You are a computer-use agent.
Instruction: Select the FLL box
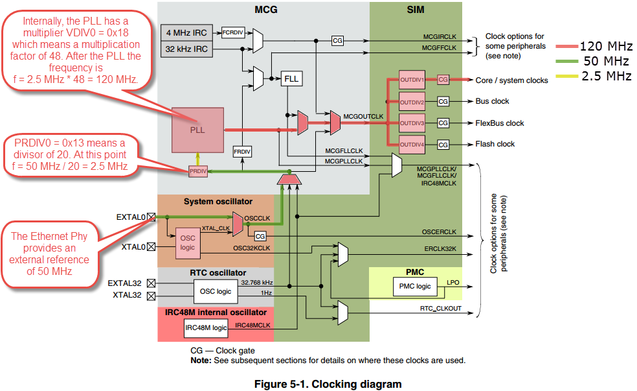tap(291, 79)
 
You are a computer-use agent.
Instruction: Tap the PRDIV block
tap(197, 171)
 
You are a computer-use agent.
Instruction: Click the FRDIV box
tap(241, 151)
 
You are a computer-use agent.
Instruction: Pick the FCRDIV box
tap(231, 31)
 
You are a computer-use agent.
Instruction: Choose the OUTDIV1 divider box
tap(411, 80)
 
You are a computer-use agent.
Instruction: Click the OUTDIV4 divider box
tap(411, 144)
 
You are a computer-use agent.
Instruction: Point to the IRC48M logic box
tap(206, 327)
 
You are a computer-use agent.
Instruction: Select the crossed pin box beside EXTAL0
tap(151, 217)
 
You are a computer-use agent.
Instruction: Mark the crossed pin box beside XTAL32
tap(151, 296)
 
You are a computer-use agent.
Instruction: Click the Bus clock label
tap(492, 101)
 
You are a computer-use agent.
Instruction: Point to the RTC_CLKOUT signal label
tap(441, 308)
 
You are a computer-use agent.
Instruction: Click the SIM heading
tap(415, 10)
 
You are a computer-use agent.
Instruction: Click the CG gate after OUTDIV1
tap(443, 80)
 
